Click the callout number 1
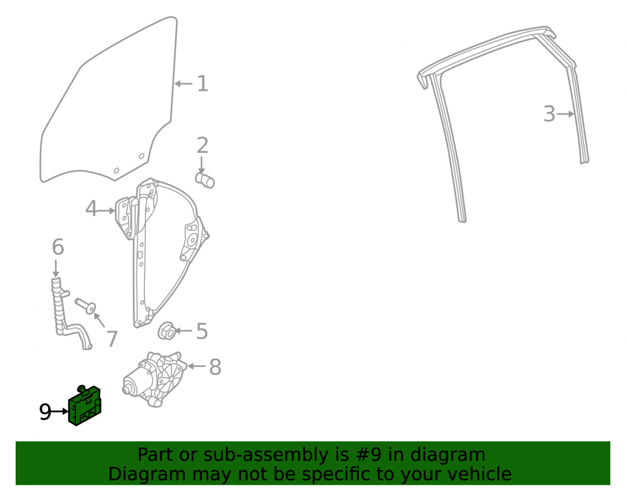[203, 84]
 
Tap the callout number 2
[202, 145]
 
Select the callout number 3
[550, 114]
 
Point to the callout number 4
[91, 208]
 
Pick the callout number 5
[202, 331]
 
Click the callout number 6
[58, 247]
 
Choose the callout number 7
[112, 339]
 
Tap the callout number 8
[215, 367]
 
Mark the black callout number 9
[45, 411]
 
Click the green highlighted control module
[85, 406]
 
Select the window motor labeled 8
[154, 379]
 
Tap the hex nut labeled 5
[167, 331]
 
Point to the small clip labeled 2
[205, 180]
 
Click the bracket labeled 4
[126, 217]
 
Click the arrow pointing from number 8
[196, 366]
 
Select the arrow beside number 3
[566, 114]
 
